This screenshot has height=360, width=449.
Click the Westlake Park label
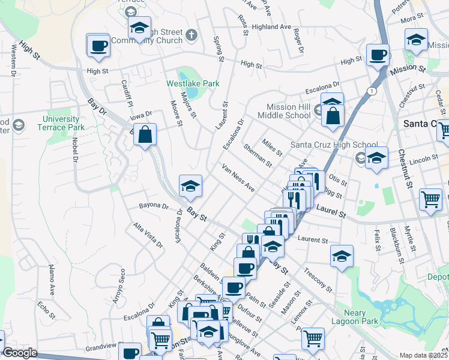click(x=193, y=83)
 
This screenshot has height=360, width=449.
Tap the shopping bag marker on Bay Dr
click(x=145, y=134)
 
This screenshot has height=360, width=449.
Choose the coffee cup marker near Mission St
click(x=378, y=55)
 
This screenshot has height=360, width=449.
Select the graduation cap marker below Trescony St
click(x=342, y=256)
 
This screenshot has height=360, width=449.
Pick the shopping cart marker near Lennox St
click(x=313, y=338)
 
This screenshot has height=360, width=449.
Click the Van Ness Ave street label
click(x=238, y=178)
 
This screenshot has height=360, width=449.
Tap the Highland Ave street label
click(x=271, y=27)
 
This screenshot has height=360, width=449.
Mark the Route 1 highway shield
click(x=373, y=91)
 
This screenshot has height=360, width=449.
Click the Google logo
click(x=20, y=353)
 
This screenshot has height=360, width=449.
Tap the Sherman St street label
click(x=258, y=155)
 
